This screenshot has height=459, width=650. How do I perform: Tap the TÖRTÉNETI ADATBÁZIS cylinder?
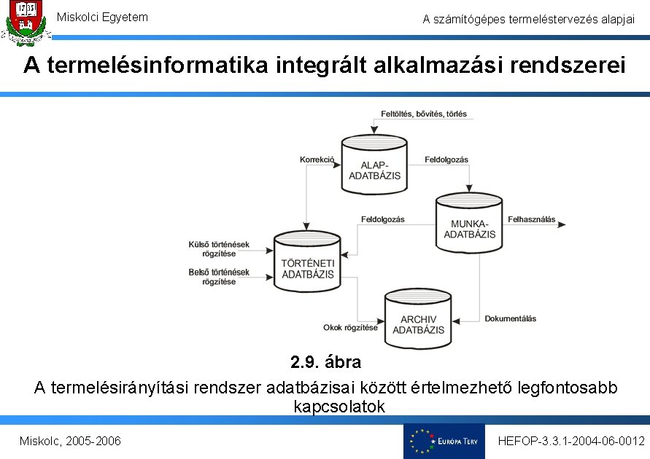[307, 263]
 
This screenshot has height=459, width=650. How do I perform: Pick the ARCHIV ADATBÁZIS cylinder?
[418, 318]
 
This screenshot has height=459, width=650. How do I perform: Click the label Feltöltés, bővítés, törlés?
[424, 114]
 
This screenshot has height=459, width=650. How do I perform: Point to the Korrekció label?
[317, 159]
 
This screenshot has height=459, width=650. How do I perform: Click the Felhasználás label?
[531, 219]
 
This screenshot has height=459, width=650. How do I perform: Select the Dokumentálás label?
[510, 318]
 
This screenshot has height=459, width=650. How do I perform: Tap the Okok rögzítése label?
[350, 328]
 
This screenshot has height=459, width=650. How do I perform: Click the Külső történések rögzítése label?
[218, 248]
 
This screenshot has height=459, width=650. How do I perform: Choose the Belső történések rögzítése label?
[218, 277]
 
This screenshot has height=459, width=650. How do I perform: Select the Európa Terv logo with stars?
[444, 441]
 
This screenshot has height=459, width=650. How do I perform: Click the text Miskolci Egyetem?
[102, 17]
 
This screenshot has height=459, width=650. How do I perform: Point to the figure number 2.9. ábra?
[325, 362]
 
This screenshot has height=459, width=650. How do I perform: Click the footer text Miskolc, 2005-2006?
[70, 442]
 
